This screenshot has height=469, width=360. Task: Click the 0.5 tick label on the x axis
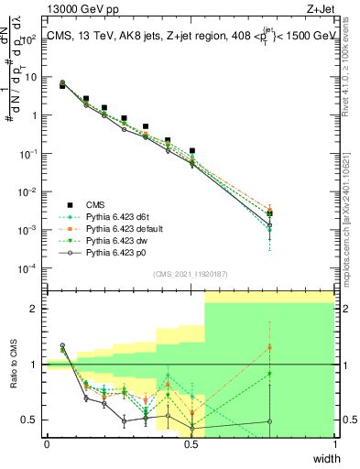tap(191, 443)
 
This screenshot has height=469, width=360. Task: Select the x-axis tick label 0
tap(47, 443)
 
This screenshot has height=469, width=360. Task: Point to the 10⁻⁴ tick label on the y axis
tap(31, 267)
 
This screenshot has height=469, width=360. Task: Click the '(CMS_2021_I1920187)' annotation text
tap(190, 272)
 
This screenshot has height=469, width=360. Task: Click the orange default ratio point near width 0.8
tap(269, 347)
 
